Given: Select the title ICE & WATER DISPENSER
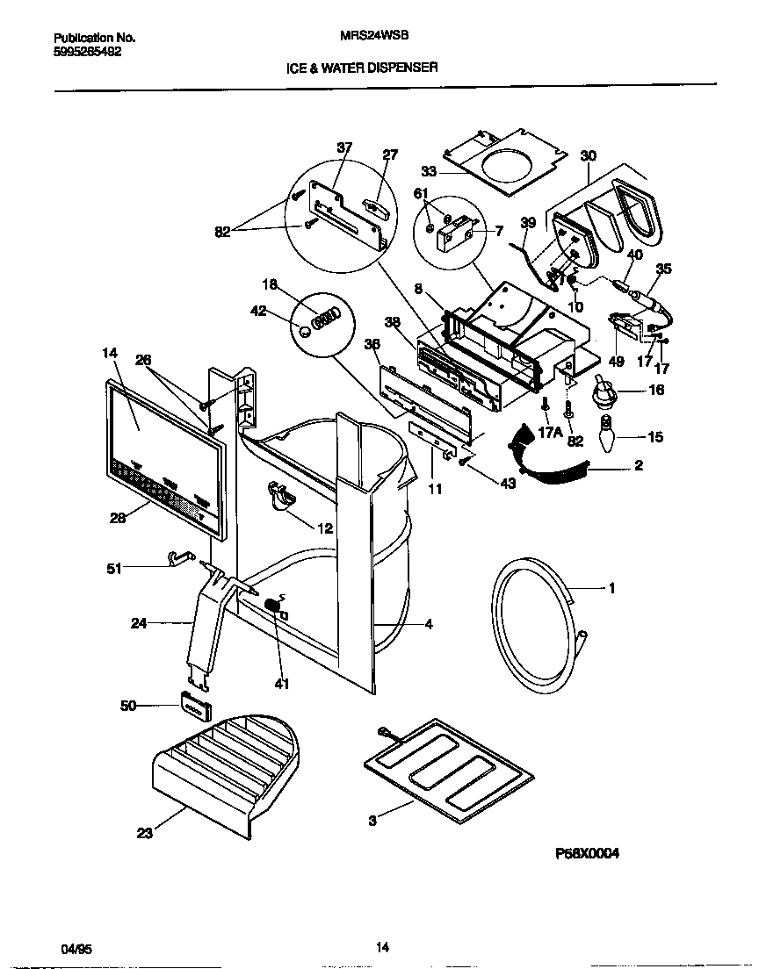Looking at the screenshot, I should point(362,67).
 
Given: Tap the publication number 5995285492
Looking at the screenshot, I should point(88,52).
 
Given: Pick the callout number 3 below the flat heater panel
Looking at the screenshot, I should point(372,821).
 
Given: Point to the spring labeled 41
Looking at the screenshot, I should point(274,606).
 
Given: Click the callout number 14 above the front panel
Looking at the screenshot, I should point(109,353).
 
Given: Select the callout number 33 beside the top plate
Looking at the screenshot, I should point(428,172).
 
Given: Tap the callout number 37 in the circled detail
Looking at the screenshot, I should point(343,147).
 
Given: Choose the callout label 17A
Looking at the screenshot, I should point(551,431).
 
